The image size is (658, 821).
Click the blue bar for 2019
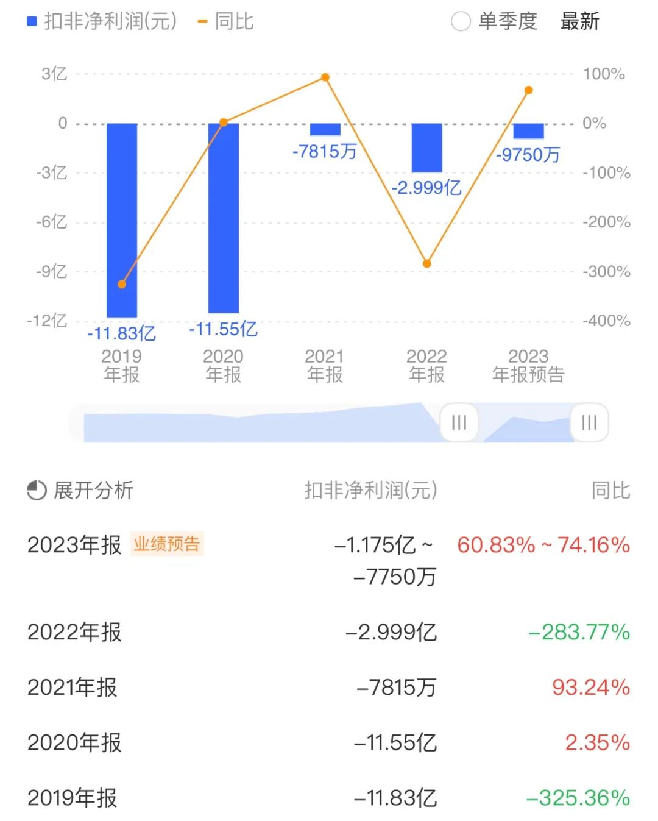[x=122, y=219]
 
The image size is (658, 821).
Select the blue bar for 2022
[x=426, y=147]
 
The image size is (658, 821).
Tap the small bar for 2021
[x=325, y=129]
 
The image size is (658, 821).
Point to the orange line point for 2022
[x=426, y=263]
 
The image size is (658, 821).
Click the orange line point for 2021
[x=325, y=77]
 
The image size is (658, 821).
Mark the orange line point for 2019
[x=122, y=284]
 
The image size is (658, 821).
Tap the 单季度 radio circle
[x=461, y=22]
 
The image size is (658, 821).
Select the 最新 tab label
[x=579, y=22]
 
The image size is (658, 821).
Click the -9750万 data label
[x=528, y=155]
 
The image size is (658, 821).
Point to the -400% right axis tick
[x=606, y=321]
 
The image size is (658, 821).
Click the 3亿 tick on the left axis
[x=54, y=74]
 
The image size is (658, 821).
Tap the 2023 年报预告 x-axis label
[x=528, y=365]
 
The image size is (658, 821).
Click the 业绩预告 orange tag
[x=167, y=544]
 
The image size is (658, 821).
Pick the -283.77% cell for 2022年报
[x=579, y=632]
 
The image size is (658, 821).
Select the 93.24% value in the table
[x=590, y=688]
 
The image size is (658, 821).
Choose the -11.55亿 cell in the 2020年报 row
[x=395, y=742]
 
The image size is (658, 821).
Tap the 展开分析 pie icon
[x=37, y=490]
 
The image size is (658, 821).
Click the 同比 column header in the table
[x=610, y=490]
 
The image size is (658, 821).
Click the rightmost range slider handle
[x=589, y=422]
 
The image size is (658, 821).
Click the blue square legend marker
[x=32, y=22]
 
